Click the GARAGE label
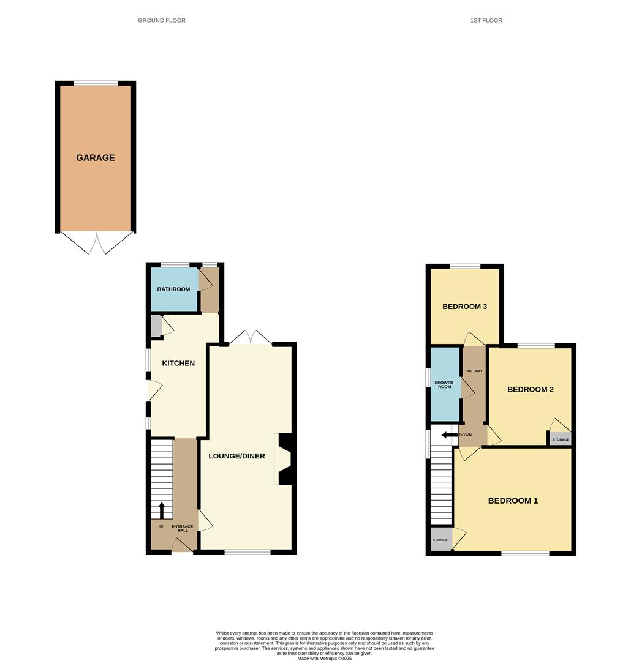(x=96, y=158)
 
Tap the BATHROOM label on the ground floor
(x=173, y=289)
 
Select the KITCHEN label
(x=178, y=364)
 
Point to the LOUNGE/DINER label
(x=237, y=456)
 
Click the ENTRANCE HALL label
(x=183, y=528)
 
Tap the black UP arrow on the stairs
(x=162, y=510)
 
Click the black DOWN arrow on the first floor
(x=450, y=435)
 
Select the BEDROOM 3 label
(x=465, y=307)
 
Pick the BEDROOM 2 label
(x=531, y=389)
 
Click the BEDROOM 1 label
(x=513, y=501)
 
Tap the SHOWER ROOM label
(x=444, y=384)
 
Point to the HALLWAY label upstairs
(x=474, y=371)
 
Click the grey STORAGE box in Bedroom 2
(x=561, y=439)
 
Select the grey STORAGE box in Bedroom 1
(x=440, y=539)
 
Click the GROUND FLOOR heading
(x=162, y=20)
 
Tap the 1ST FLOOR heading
(x=486, y=20)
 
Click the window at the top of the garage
(x=96, y=83)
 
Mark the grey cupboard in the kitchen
(x=156, y=326)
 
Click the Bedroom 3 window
(x=465, y=266)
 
